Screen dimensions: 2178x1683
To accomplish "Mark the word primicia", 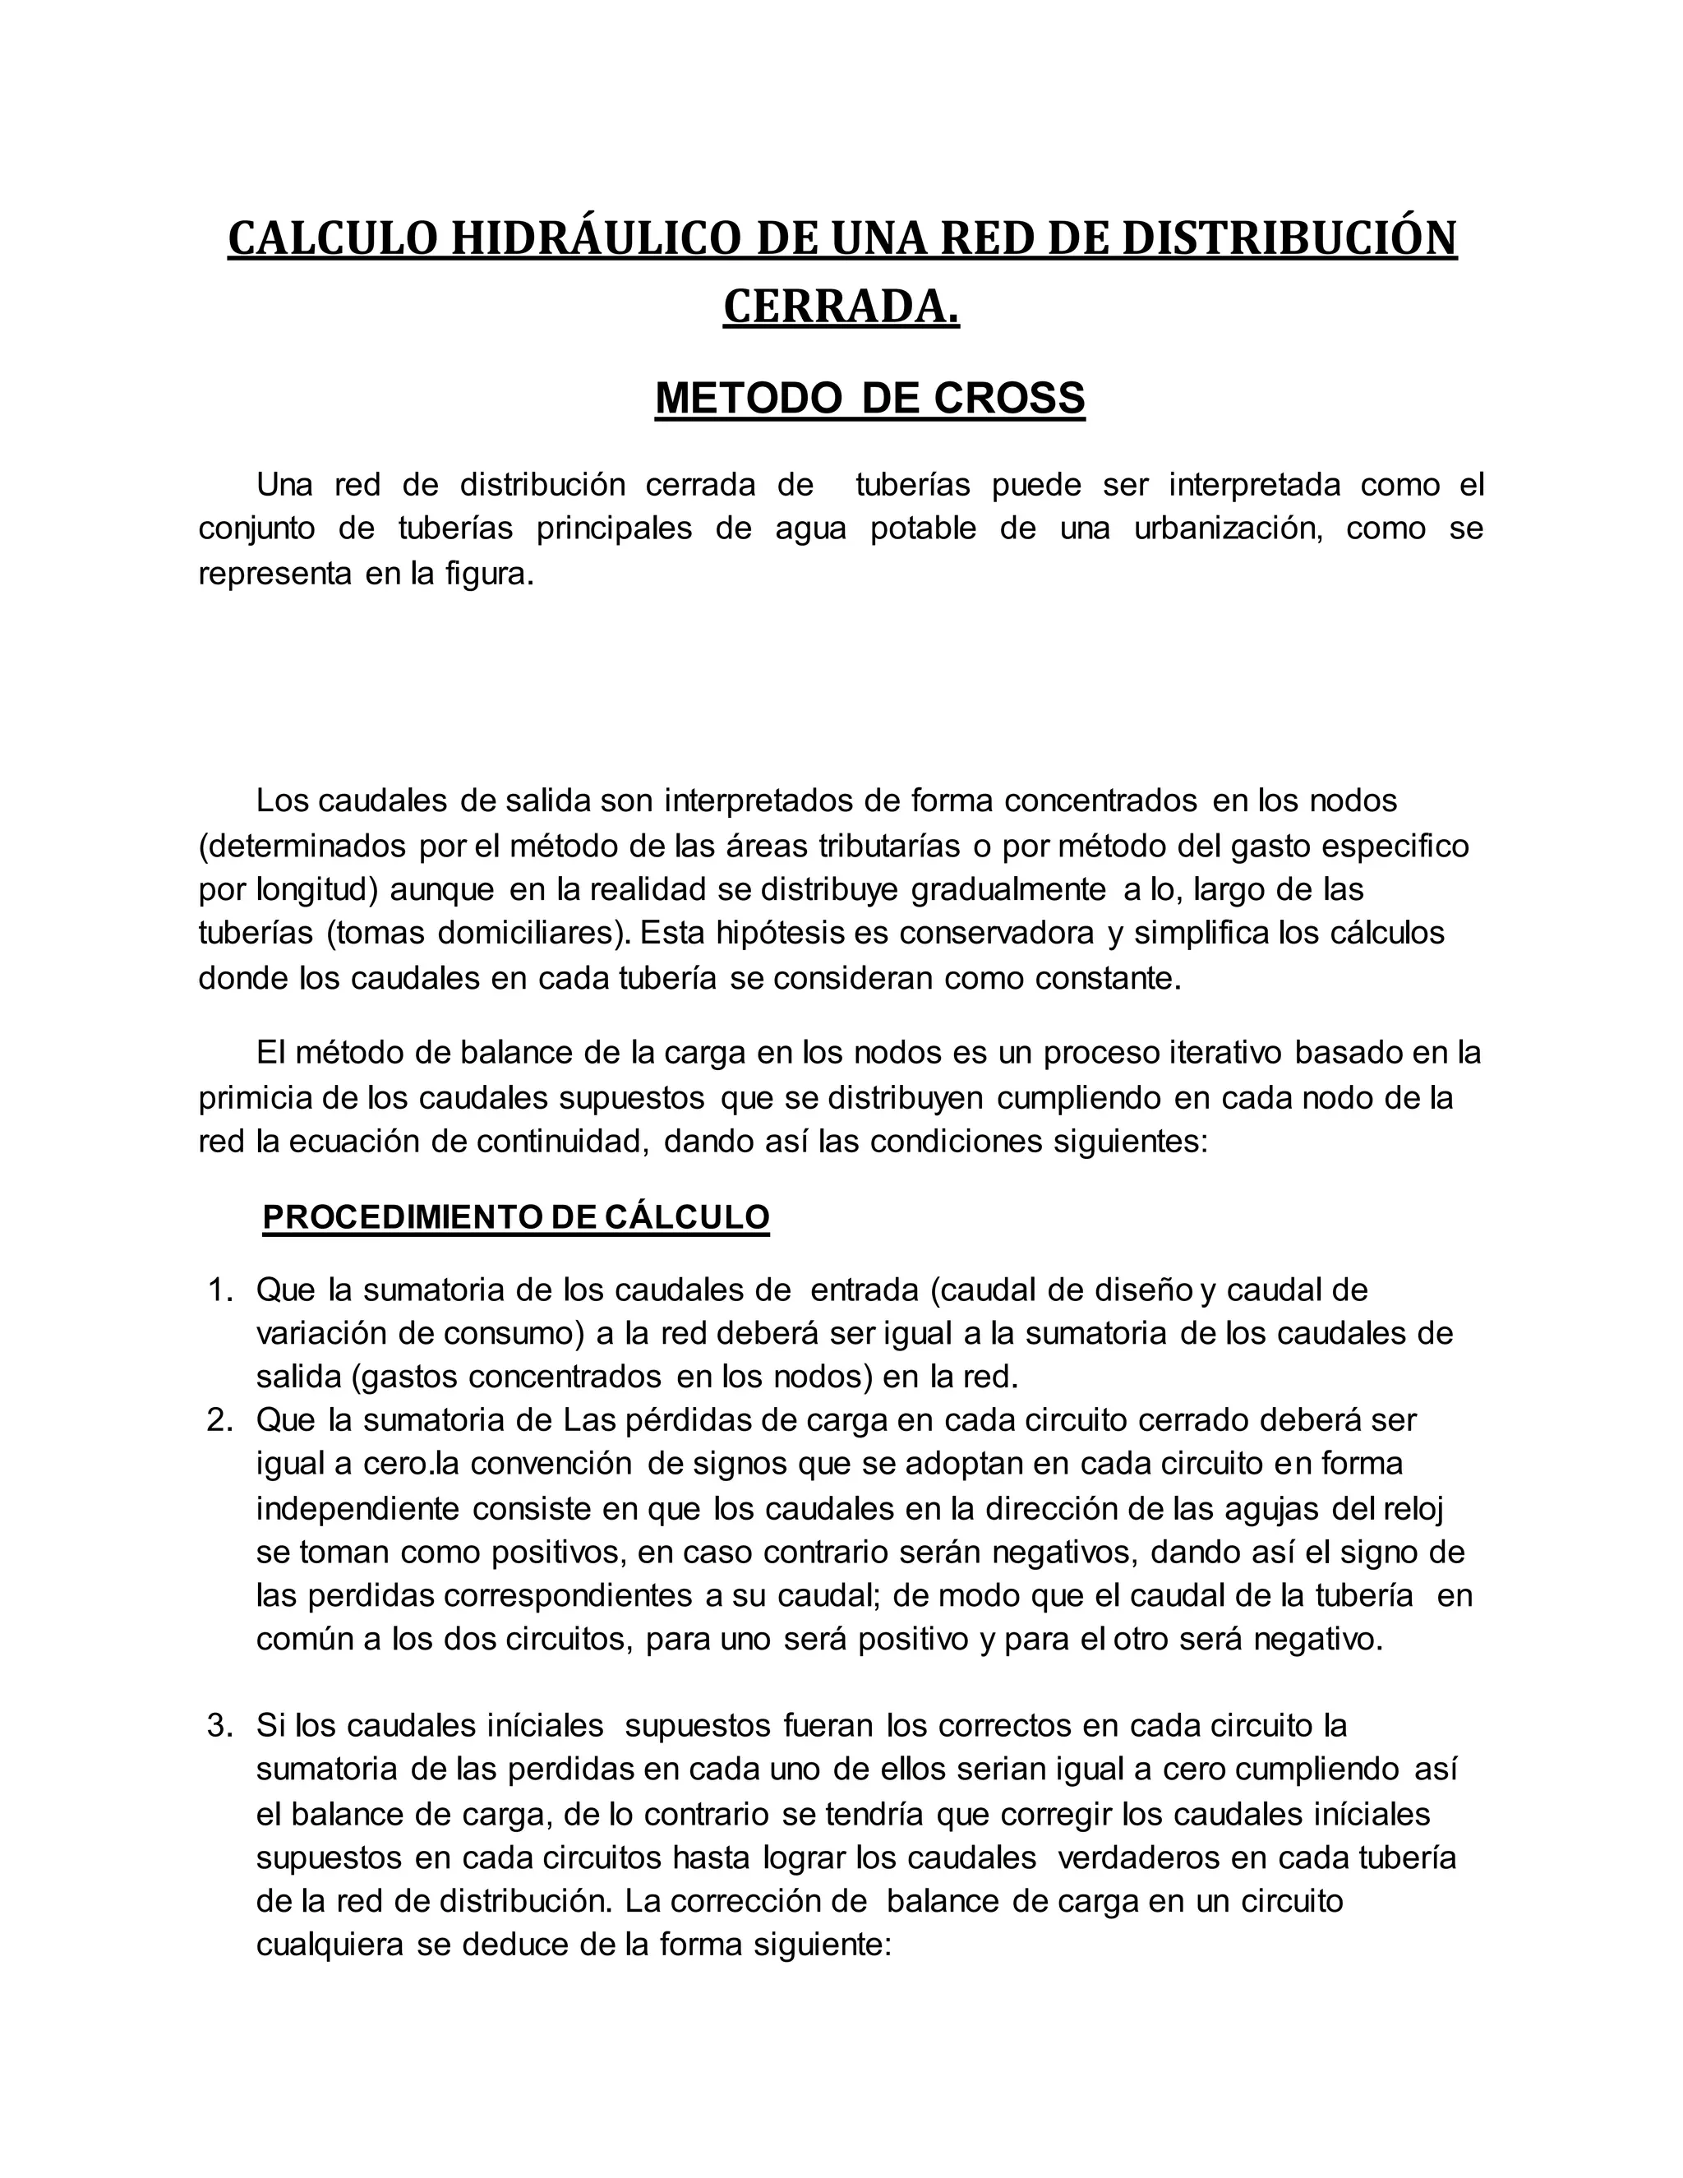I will (254, 1098).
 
